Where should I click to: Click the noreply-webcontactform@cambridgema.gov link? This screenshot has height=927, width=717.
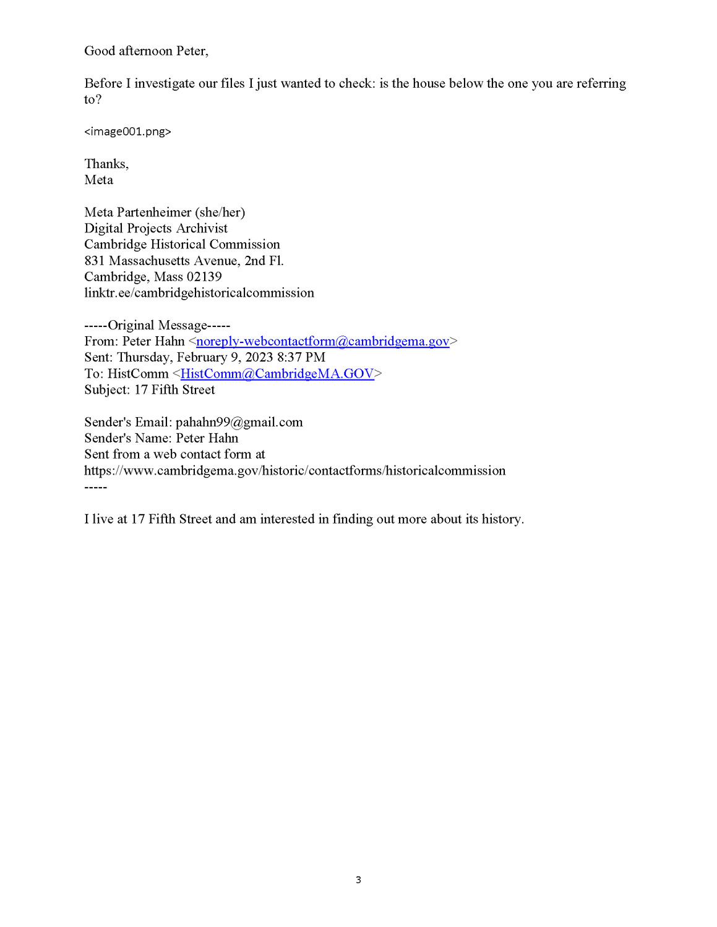[x=322, y=341]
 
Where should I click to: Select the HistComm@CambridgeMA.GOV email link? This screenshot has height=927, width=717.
[x=277, y=373]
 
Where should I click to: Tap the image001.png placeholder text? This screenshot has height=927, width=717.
[x=127, y=132]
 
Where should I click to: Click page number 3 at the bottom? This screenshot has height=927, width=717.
[x=358, y=879]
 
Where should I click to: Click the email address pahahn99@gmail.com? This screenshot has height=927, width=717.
[x=239, y=422]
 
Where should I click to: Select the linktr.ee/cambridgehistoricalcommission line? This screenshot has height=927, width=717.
[x=199, y=293]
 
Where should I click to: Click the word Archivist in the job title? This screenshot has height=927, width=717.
[x=202, y=229]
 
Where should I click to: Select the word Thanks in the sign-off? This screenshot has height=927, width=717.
[x=105, y=164]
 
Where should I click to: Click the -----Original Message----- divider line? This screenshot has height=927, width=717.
[x=157, y=325]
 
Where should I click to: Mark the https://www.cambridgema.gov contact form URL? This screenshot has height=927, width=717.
[x=294, y=471]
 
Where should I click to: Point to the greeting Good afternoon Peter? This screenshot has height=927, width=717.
[x=146, y=51]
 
